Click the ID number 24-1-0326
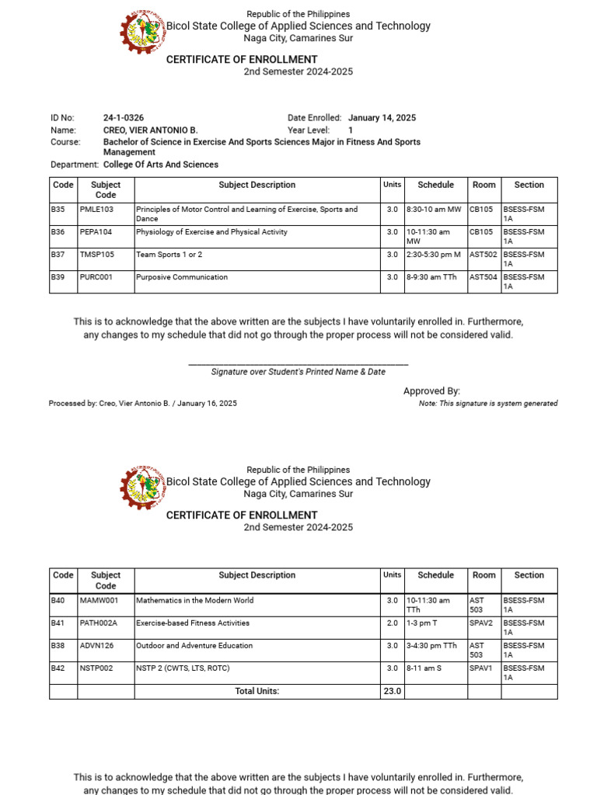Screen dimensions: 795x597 [124, 118]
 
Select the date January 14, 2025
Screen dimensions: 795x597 [382, 118]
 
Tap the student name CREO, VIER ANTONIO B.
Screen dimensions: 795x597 [151, 130]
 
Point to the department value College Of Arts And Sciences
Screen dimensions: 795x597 [161, 165]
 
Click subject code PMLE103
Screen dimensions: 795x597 [96, 210]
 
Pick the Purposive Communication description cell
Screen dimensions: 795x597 [182, 277]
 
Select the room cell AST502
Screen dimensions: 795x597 [484, 255]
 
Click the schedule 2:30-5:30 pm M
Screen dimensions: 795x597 [433, 255]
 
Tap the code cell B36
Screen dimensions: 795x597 [58, 232]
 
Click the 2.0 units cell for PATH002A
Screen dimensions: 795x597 [392, 623]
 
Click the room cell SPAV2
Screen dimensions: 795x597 [480, 623]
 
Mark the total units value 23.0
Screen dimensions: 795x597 [392, 691]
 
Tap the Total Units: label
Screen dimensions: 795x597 [257, 691]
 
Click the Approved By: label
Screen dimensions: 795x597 [431, 391]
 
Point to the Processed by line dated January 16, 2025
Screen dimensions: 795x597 [143, 404]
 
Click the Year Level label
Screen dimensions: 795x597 [309, 130]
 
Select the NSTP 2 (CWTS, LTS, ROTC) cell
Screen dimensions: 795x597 [183, 668]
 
